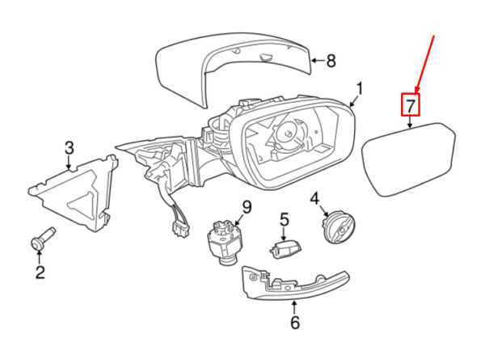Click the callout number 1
pyautogui.click(x=359, y=88)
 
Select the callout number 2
pyautogui.click(x=40, y=272)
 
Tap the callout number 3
pyautogui.click(x=70, y=148)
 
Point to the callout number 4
pyautogui.click(x=314, y=199)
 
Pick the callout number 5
pyautogui.click(x=285, y=219)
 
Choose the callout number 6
pyautogui.click(x=295, y=322)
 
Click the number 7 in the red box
pyautogui.click(x=410, y=105)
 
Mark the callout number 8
pyautogui.click(x=331, y=61)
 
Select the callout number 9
pyautogui.click(x=247, y=207)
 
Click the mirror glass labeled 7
pyautogui.click(x=409, y=159)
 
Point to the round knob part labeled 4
pyautogui.click(x=339, y=227)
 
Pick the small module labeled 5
pyautogui.click(x=285, y=248)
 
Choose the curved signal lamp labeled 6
pyautogui.click(x=294, y=283)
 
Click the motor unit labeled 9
pyautogui.click(x=223, y=241)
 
